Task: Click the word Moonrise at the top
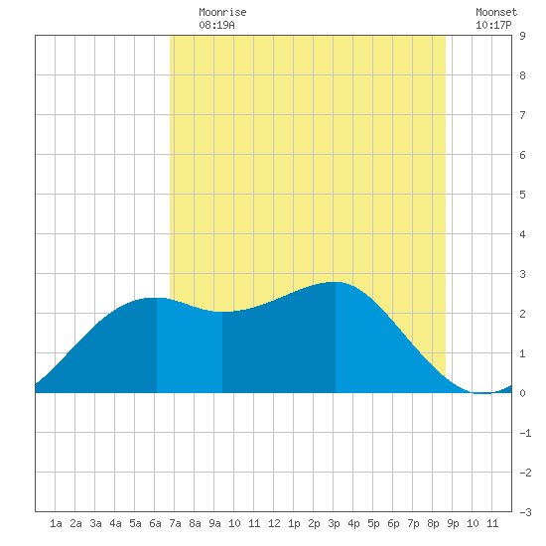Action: [x=222, y=12]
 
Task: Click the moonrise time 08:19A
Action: [x=216, y=25]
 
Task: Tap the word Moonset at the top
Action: [x=496, y=12]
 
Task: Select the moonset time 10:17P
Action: [x=493, y=25]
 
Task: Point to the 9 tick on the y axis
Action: [x=522, y=36]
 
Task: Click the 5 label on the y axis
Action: [x=522, y=195]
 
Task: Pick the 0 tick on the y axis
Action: [x=522, y=393]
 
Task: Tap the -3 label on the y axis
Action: [x=525, y=512]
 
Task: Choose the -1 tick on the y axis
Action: [x=525, y=433]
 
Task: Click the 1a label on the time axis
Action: [x=56, y=523]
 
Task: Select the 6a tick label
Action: [x=155, y=523]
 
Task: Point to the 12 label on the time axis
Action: [x=274, y=523]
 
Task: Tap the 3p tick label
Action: [x=334, y=523]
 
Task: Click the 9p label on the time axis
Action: [x=453, y=523]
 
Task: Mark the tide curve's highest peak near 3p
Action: [x=335, y=282]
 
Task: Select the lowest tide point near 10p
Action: [x=482, y=393]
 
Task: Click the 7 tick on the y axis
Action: [x=522, y=115]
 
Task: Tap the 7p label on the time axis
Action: [x=413, y=523]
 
